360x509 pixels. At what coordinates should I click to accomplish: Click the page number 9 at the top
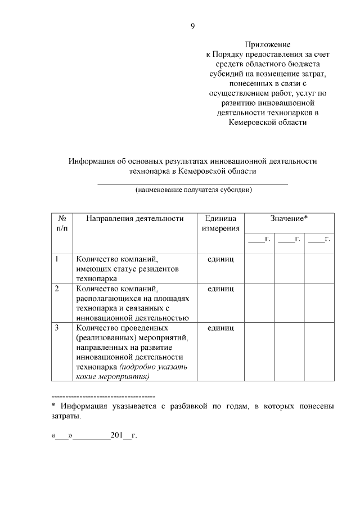(x=192, y=26)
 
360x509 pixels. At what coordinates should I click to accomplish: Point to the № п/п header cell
(x=62, y=224)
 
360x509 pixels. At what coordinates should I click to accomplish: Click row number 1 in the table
(x=57, y=259)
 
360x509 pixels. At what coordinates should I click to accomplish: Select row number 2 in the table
(x=57, y=289)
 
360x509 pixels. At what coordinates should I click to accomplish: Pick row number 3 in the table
(x=57, y=327)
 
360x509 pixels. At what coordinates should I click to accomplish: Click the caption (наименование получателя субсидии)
(x=193, y=190)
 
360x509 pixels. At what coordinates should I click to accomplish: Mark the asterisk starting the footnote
(x=53, y=406)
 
